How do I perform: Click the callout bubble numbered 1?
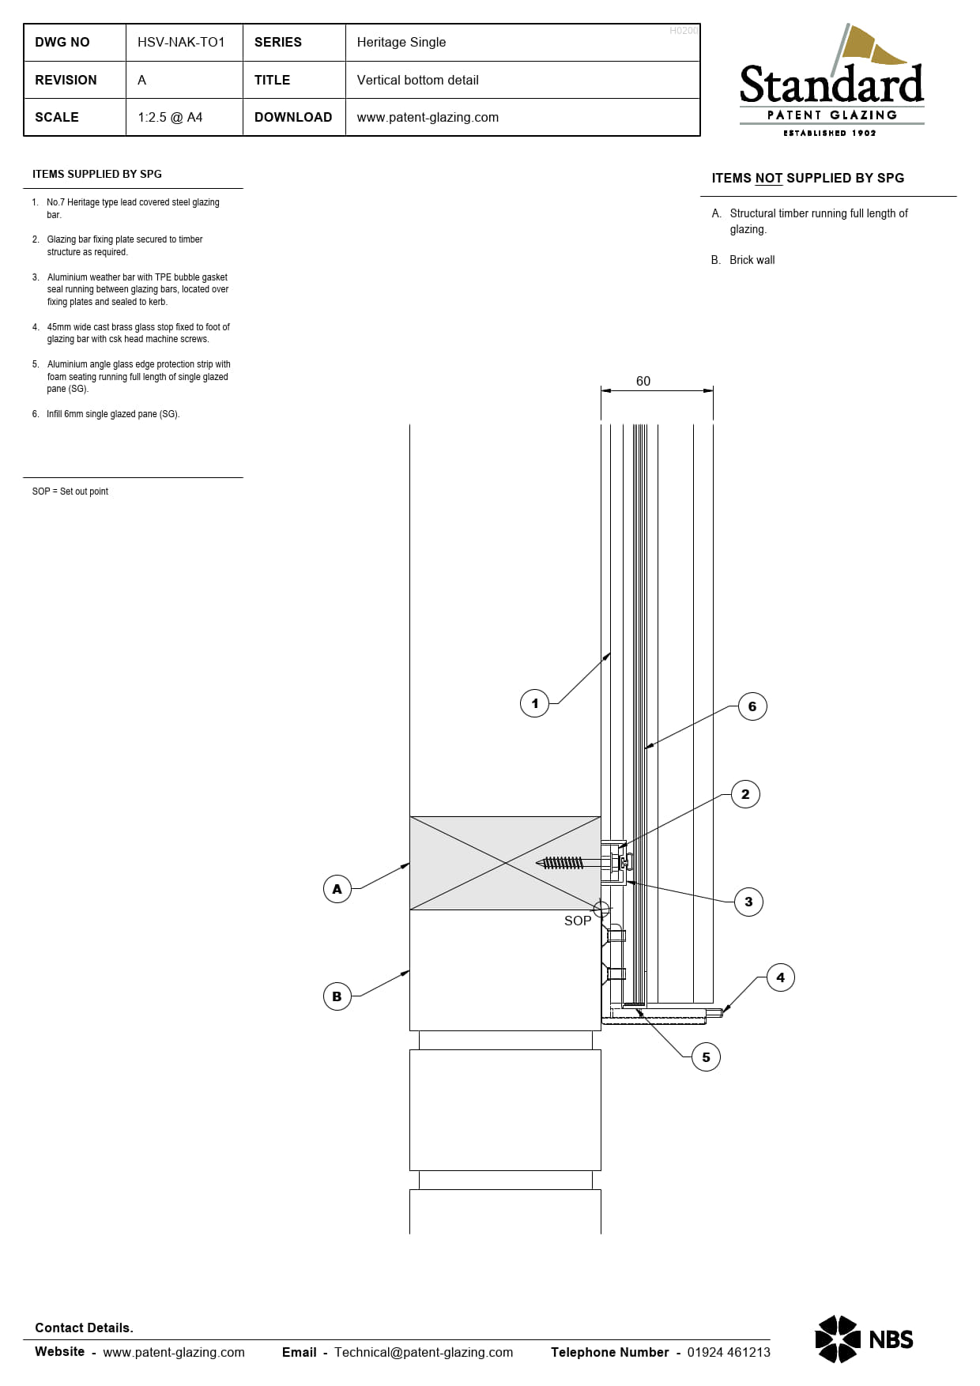pos(535,703)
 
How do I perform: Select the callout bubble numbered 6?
pos(752,706)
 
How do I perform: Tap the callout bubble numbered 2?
pos(745,794)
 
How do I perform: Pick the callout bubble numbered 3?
pos(748,902)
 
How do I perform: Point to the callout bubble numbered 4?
pos(781,977)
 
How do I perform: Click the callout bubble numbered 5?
pos(706,1057)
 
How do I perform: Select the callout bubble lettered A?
pos(337,889)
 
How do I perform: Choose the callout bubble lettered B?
pos(337,996)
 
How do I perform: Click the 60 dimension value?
pos(643,381)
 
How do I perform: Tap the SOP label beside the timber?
pos(578,921)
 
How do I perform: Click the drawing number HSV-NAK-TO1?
pos(181,42)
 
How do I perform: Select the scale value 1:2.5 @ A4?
pos(170,117)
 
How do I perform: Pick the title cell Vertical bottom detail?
pos(417,80)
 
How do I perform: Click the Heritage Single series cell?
pos(401,42)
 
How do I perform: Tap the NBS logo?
pos(864,1339)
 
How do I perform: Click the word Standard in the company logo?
pos(831,85)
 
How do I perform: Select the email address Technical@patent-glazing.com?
pos(424,1352)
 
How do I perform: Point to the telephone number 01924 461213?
pos(729,1352)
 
